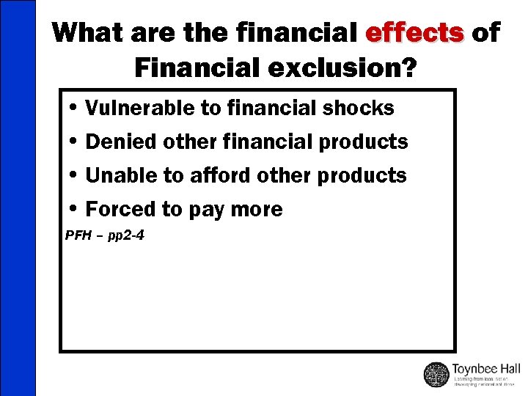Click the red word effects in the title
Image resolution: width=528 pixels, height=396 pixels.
[x=414, y=33]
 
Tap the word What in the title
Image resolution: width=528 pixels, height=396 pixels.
[x=89, y=33]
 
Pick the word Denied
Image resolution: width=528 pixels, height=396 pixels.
[x=118, y=142]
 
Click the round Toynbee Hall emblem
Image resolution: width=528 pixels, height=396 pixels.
[x=436, y=375]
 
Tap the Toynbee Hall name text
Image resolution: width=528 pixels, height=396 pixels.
[x=486, y=368]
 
